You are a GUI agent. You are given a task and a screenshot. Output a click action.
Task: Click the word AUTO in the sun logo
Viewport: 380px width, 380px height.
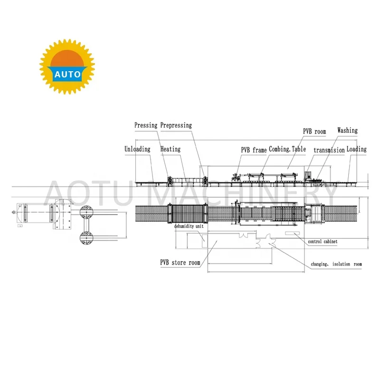click(67, 75)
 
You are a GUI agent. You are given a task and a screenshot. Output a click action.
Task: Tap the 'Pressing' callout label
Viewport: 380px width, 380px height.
click(145, 125)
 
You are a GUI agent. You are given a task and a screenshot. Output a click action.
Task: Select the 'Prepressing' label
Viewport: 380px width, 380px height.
click(176, 125)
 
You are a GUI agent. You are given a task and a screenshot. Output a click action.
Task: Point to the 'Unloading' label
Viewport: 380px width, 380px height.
click(137, 149)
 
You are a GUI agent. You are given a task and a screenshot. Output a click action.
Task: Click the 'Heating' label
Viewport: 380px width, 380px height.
click(170, 149)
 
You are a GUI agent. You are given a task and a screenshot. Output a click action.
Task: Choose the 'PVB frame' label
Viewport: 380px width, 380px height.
click(253, 150)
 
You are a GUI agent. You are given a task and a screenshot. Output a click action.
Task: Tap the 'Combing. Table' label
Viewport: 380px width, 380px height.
click(288, 149)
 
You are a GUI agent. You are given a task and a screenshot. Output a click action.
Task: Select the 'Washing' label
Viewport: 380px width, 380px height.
click(347, 130)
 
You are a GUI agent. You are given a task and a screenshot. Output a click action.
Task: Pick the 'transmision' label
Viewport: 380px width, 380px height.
click(329, 150)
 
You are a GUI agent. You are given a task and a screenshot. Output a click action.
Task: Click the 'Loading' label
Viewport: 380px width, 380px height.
click(356, 149)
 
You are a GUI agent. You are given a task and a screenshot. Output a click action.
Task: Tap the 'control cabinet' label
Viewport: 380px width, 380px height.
click(323, 242)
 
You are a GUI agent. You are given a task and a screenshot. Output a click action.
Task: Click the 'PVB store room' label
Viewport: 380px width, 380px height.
click(180, 262)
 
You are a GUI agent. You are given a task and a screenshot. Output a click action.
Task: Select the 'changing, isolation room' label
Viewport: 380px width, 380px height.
click(336, 264)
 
